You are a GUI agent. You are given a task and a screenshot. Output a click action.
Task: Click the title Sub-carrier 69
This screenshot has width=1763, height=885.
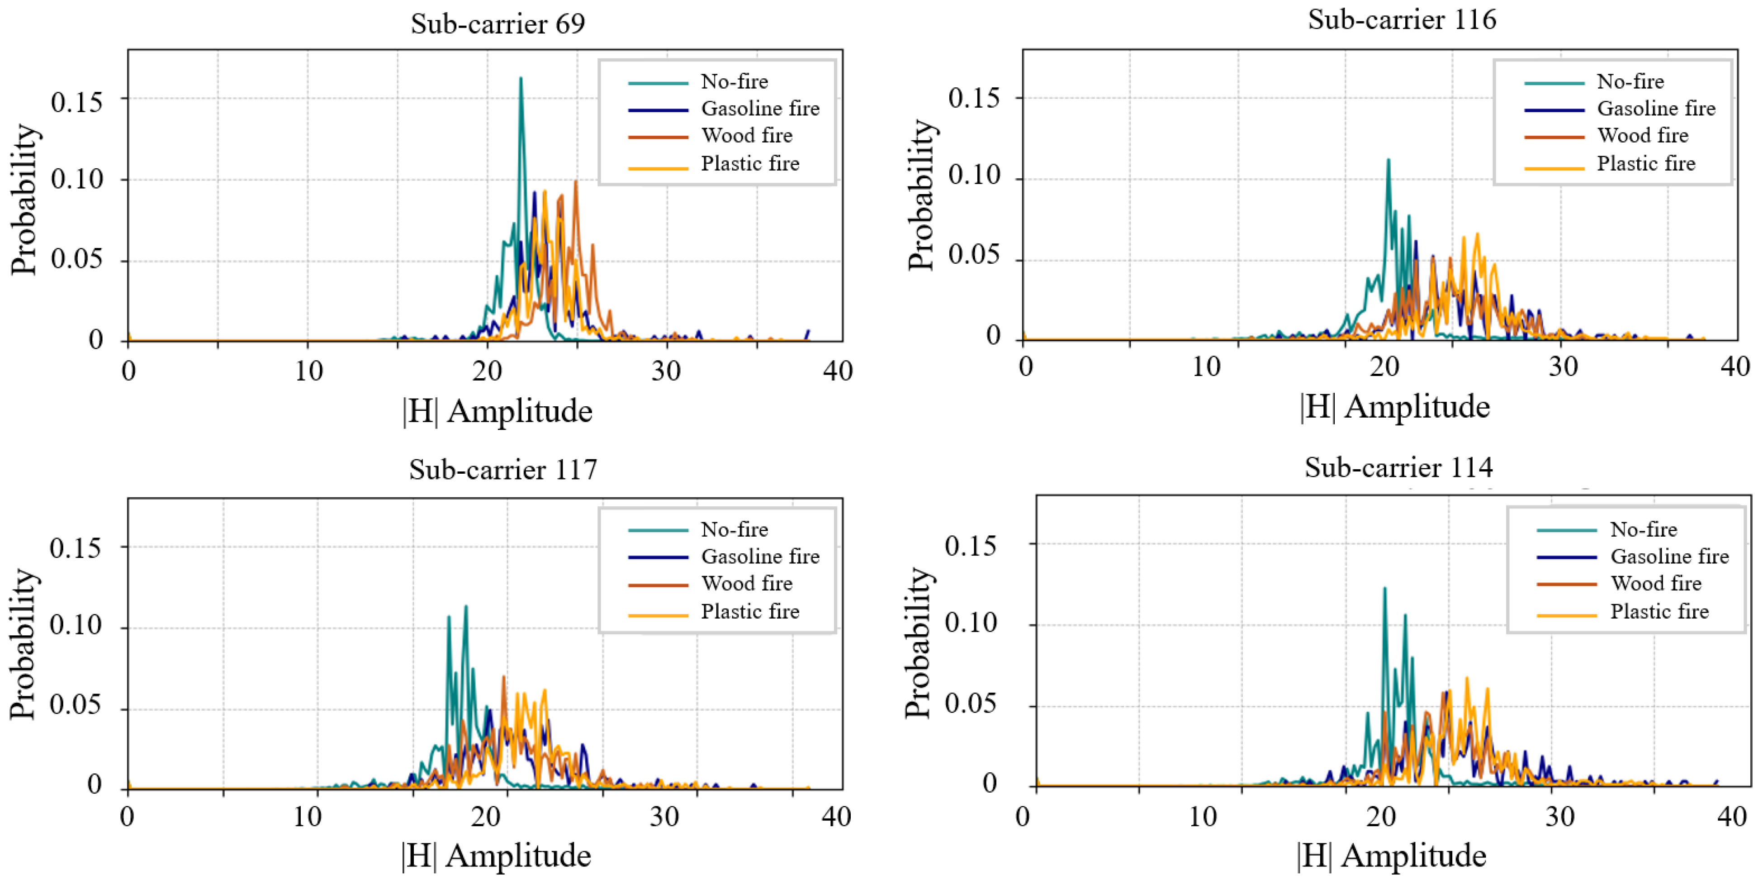(498, 24)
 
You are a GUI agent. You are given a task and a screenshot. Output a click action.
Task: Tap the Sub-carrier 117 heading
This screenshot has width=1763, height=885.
(503, 470)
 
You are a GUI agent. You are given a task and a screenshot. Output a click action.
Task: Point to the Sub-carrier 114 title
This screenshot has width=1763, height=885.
(1398, 467)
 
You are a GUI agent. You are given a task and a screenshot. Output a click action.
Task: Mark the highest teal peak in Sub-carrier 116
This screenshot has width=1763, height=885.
(1388, 160)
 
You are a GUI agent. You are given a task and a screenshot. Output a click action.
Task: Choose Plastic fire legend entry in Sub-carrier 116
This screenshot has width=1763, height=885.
(1610, 164)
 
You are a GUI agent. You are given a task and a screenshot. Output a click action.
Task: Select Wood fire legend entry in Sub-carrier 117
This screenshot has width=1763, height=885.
(711, 584)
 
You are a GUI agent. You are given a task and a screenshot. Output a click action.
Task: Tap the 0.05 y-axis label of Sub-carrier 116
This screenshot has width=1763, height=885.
(973, 255)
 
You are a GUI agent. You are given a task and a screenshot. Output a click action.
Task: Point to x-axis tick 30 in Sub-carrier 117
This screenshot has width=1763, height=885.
(664, 817)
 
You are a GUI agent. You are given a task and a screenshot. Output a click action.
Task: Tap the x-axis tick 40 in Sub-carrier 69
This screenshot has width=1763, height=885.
(838, 371)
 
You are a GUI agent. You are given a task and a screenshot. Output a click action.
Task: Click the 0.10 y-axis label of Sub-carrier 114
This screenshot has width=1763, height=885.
(971, 623)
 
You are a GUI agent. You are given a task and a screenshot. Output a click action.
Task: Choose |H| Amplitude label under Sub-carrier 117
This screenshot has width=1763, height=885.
(496, 856)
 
